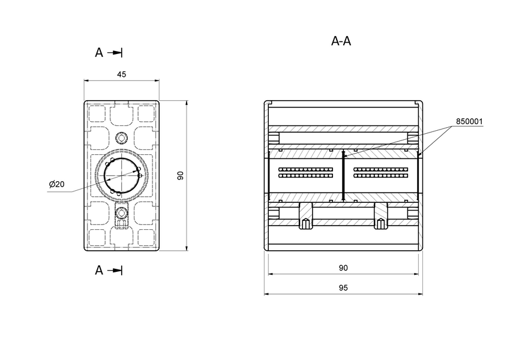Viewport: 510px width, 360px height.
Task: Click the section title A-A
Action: (341, 41)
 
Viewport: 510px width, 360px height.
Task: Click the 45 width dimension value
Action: (121, 74)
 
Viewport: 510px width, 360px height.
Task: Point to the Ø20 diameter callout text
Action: (57, 184)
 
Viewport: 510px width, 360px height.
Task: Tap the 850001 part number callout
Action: (469, 121)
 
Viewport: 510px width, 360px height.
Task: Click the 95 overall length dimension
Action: (343, 288)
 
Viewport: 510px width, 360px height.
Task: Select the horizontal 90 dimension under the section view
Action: (343, 268)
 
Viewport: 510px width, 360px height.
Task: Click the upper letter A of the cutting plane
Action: (99, 53)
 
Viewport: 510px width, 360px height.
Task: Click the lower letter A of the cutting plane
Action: (99, 271)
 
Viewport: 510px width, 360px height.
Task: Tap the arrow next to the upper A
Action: (115, 53)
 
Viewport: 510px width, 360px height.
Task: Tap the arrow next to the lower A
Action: (115, 271)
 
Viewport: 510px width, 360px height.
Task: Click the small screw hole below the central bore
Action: (122, 212)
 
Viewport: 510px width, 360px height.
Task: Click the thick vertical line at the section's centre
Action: (343, 175)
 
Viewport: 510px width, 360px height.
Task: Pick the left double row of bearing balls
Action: (306, 173)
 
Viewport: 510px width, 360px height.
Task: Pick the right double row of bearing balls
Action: (381, 173)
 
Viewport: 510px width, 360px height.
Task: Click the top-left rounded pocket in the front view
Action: (97, 113)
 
